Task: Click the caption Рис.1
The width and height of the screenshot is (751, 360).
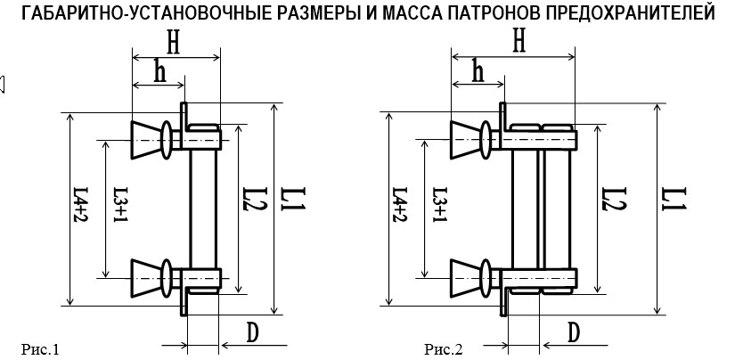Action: pyautogui.click(x=40, y=349)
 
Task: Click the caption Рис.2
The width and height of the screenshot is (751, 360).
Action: pyautogui.click(x=444, y=349)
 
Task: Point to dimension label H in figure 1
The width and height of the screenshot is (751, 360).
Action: pyautogui.click(x=174, y=44)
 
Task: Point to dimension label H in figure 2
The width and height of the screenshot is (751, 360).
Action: pyautogui.click(x=518, y=42)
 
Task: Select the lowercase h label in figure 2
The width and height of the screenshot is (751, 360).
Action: pyautogui.click(x=478, y=71)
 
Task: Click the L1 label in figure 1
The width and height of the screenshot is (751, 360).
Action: pyautogui.click(x=294, y=199)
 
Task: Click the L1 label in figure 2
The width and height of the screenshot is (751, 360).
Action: pyautogui.click(x=675, y=199)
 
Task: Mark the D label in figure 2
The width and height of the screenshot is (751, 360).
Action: pyautogui.click(x=574, y=332)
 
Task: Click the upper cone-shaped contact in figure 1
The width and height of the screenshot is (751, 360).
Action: pyautogui.click(x=147, y=140)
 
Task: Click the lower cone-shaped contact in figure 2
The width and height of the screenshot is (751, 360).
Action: pyautogui.click(x=466, y=278)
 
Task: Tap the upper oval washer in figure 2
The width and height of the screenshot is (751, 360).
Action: pyautogui.click(x=486, y=140)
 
